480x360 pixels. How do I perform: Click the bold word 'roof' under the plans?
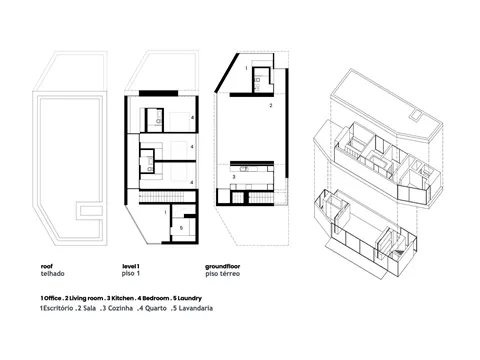(47, 266)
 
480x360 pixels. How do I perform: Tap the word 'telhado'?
(52, 274)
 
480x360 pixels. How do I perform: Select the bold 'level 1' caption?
(131, 266)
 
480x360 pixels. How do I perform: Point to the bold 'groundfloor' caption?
(222, 266)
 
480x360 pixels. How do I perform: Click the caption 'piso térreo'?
(222, 274)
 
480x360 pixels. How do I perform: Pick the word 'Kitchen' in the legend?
(122, 298)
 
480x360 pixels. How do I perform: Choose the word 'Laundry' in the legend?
(189, 298)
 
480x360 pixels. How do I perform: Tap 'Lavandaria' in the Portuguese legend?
(196, 308)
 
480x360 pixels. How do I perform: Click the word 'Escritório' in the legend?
(58, 308)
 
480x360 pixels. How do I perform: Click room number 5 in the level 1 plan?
(181, 228)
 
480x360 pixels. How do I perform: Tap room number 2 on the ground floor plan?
(271, 106)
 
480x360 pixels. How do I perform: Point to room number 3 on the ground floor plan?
(234, 177)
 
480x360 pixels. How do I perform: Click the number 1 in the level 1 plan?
(165, 212)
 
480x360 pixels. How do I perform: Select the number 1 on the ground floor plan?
(246, 68)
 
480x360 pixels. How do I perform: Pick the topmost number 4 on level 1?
(192, 118)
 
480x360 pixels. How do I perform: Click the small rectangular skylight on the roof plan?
(89, 211)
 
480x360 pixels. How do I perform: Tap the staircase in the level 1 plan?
(167, 195)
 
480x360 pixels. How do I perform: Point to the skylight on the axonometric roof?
(415, 116)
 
